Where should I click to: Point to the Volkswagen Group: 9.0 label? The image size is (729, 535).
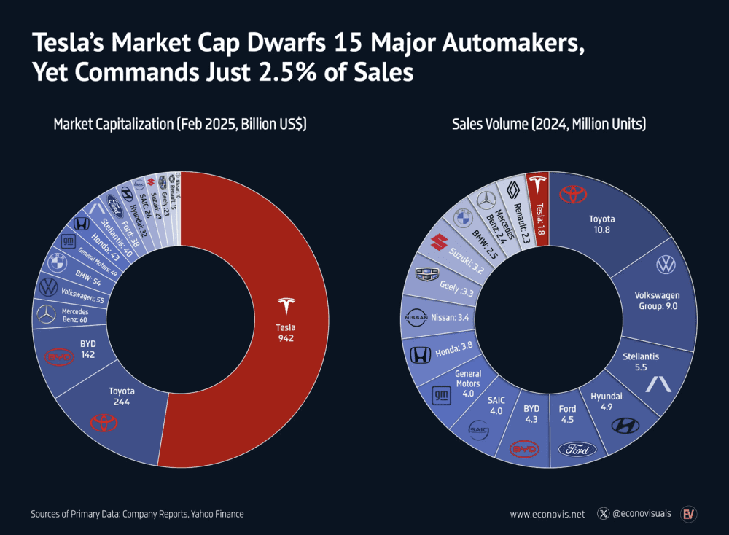point(657,300)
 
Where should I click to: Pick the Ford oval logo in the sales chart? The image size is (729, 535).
point(577,449)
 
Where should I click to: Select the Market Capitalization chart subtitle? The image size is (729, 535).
point(179,125)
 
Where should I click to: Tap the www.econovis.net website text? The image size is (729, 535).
point(547,514)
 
